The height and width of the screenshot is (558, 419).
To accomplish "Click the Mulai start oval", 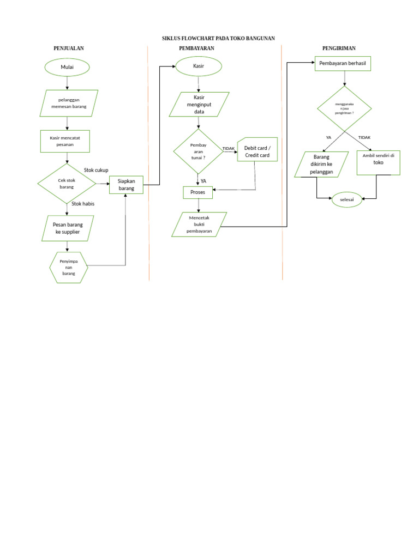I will click(67, 67).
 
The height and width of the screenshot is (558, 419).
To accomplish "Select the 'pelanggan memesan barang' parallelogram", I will click(69, 103).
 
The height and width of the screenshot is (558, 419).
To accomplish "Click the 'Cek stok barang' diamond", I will click(67, 183).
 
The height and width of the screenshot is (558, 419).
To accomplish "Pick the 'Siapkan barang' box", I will click(126, 185).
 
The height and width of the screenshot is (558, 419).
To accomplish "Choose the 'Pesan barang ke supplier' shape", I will click(68, 228).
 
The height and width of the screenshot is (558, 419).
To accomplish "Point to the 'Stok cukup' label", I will click(96, 170).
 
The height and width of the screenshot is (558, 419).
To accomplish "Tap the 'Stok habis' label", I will click(83, 204).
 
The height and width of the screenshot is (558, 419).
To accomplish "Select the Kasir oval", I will click(199, 66).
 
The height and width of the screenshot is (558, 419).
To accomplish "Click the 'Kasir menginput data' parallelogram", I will click(199, 104).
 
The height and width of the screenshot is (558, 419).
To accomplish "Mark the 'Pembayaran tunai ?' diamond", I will click(198, 150).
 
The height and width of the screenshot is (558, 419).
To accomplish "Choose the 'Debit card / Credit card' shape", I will click(258, 151).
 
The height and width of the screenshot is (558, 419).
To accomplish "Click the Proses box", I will click(197, 192).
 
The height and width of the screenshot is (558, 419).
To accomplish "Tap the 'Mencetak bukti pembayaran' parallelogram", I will click(199, 225).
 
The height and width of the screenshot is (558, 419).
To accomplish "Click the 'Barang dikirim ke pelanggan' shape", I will click(322, 165).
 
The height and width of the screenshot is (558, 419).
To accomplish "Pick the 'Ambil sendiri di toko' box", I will click(379, 162).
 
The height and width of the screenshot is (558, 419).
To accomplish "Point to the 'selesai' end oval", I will click(347, 199).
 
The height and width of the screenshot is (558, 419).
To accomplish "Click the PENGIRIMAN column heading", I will click(339, 48).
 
